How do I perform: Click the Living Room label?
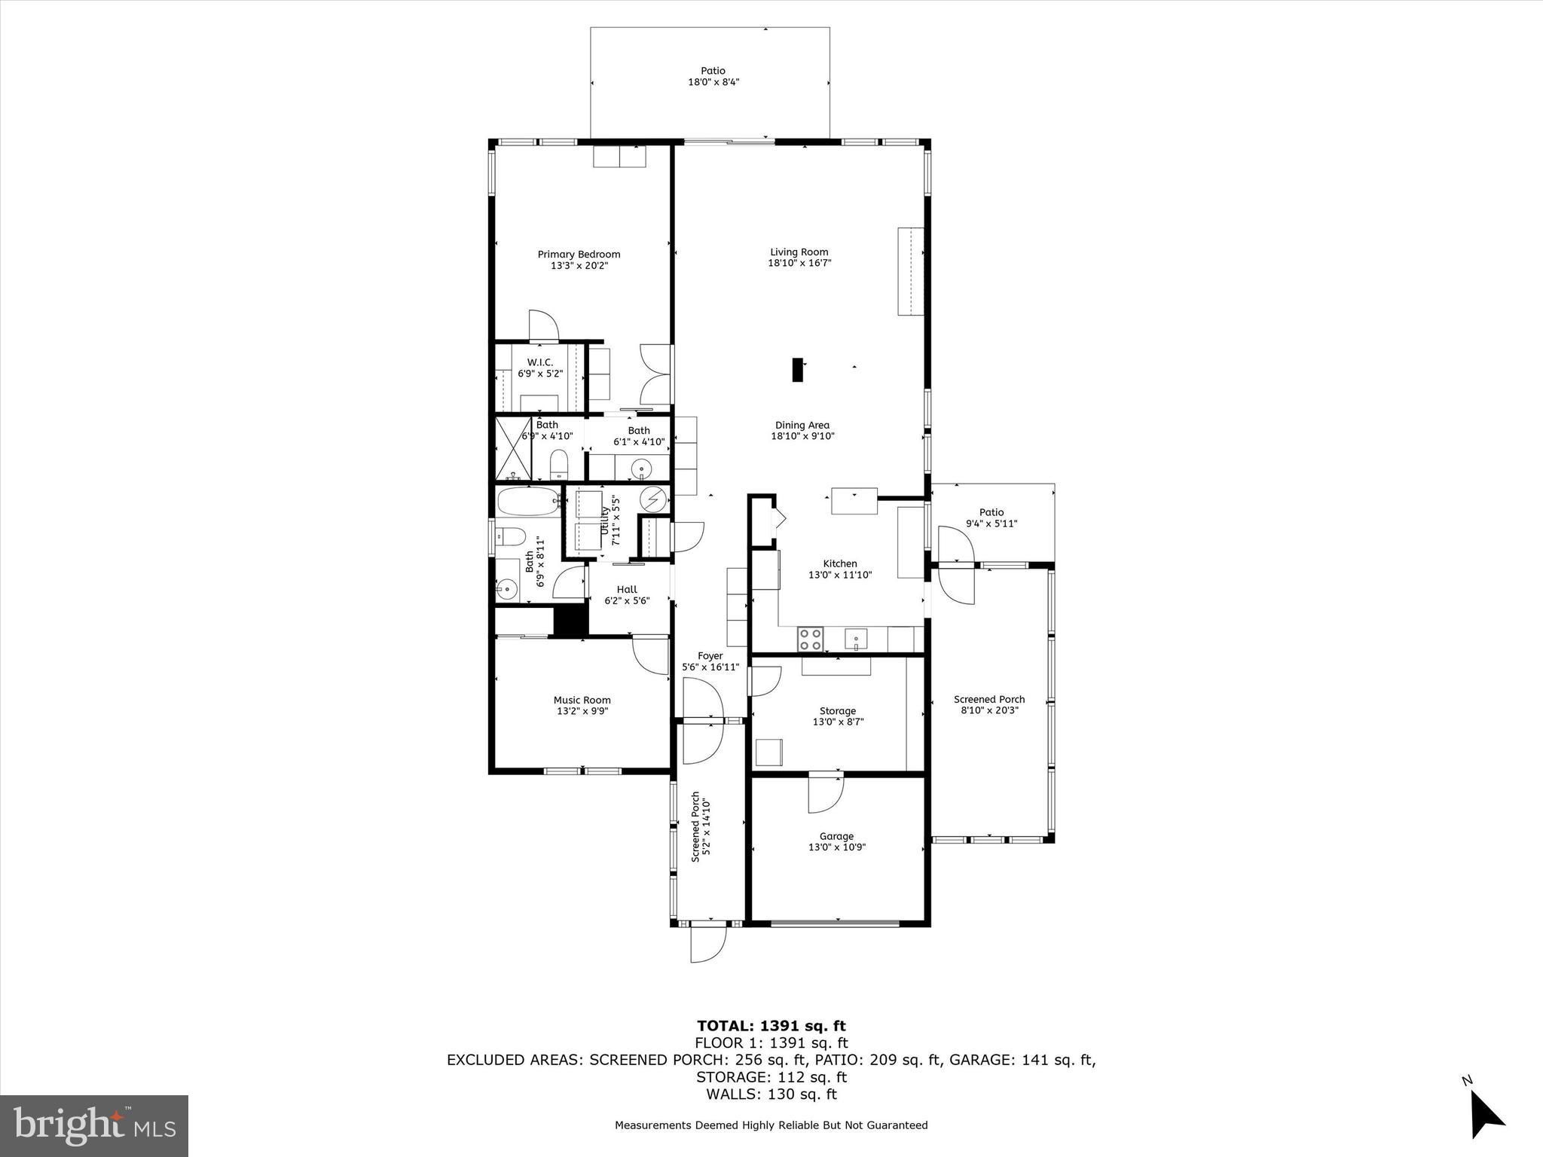tap(799, 252)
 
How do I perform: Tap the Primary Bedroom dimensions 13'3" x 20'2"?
tap(579, 265)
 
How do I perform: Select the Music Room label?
tap(582, 700)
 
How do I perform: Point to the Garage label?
tap(836, 836)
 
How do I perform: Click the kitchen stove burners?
tap(811, 640)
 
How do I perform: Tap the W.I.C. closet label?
tap(540, 362)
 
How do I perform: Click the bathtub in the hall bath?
tap(528, 500)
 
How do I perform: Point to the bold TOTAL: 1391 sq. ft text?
tap(771, 1025)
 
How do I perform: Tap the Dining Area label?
tap(802, 425)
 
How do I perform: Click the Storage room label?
tap(838, 710)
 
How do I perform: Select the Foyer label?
tap(710, 656)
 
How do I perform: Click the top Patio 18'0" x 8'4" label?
tap(713, 76)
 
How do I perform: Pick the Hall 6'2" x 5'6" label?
tap(627, 595)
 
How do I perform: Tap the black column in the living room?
tap(797, 369)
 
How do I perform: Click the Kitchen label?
tap(840, 563)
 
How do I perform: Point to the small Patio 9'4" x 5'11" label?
tap(991, 517)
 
